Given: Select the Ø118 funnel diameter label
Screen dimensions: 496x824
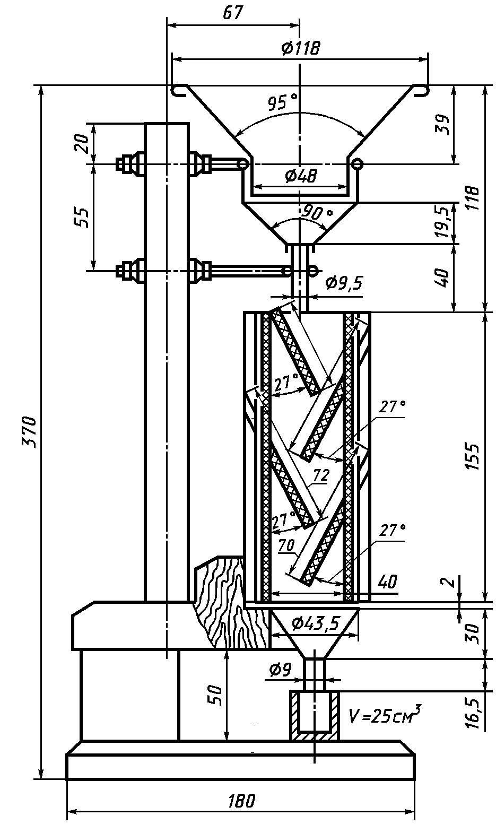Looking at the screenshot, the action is tap(301, 48).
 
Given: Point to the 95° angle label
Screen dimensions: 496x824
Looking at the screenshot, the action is tap(282, 102).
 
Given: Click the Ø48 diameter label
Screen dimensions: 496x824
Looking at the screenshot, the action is tap(300, 176).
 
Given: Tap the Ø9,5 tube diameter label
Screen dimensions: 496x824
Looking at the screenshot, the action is tap(344, 283).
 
